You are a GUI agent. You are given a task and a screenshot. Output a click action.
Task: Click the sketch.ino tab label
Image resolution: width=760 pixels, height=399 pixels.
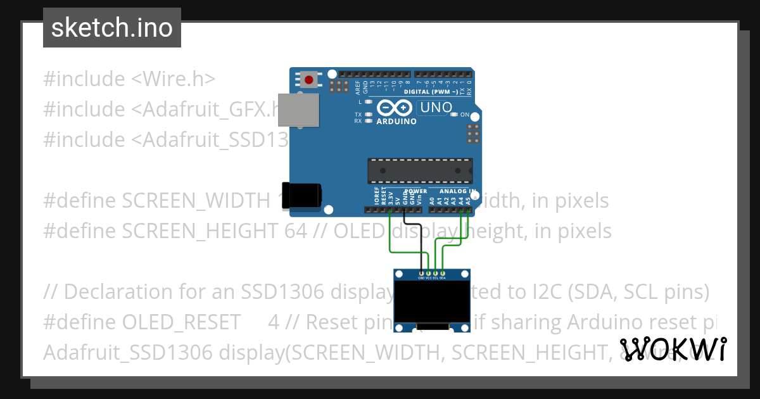tap(111, 28)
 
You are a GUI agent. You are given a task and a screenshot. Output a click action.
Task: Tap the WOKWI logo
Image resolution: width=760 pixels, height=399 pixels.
tap(673, 349)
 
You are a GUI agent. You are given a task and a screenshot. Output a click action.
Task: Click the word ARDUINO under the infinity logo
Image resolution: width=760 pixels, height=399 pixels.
tap(396, 121)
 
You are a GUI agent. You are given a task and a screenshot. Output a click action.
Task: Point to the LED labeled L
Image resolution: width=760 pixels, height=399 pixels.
tap(368, 101)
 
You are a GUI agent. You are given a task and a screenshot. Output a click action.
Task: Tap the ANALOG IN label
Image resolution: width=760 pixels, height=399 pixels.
tap(453, 191)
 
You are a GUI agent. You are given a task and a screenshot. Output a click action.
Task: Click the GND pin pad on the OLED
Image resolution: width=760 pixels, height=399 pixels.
tap(422, 272)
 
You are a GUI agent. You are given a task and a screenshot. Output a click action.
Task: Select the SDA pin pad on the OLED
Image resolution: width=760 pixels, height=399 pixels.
tap(443, 272)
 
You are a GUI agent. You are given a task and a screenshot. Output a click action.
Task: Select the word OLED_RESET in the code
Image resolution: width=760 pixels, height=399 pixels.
tap(181, 322)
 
